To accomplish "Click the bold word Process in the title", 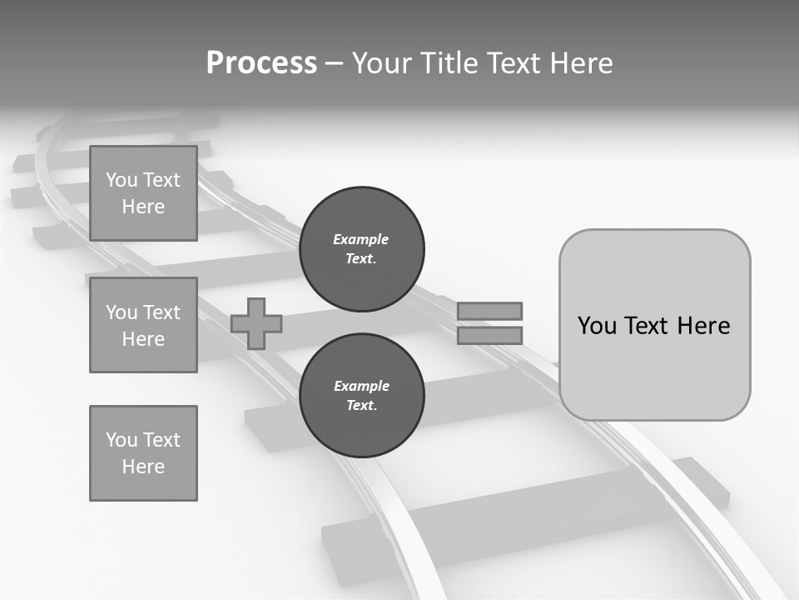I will (x=261, y=63).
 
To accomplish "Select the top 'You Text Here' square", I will (x=143, y=193).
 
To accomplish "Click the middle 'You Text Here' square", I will (x=143, y=325).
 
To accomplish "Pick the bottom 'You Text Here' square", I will (x=143, y=453).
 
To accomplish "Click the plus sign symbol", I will (x=256, y=323).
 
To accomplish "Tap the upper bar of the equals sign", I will (x=489, y=311).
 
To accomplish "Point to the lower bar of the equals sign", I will (x=489, y=336).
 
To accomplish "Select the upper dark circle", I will (x=361, y=249).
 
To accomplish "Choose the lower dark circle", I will (x=361, y=396).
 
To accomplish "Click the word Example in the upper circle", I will (x=360, y=240).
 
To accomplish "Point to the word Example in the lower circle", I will (x=361, y=387).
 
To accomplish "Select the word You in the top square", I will (x=122, y=180).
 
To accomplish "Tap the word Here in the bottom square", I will (x=143, y=467).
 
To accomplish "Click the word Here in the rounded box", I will (x=703, y=326).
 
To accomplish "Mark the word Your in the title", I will (x=381, y=63).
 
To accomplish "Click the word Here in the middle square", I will (x=143, y=339).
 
